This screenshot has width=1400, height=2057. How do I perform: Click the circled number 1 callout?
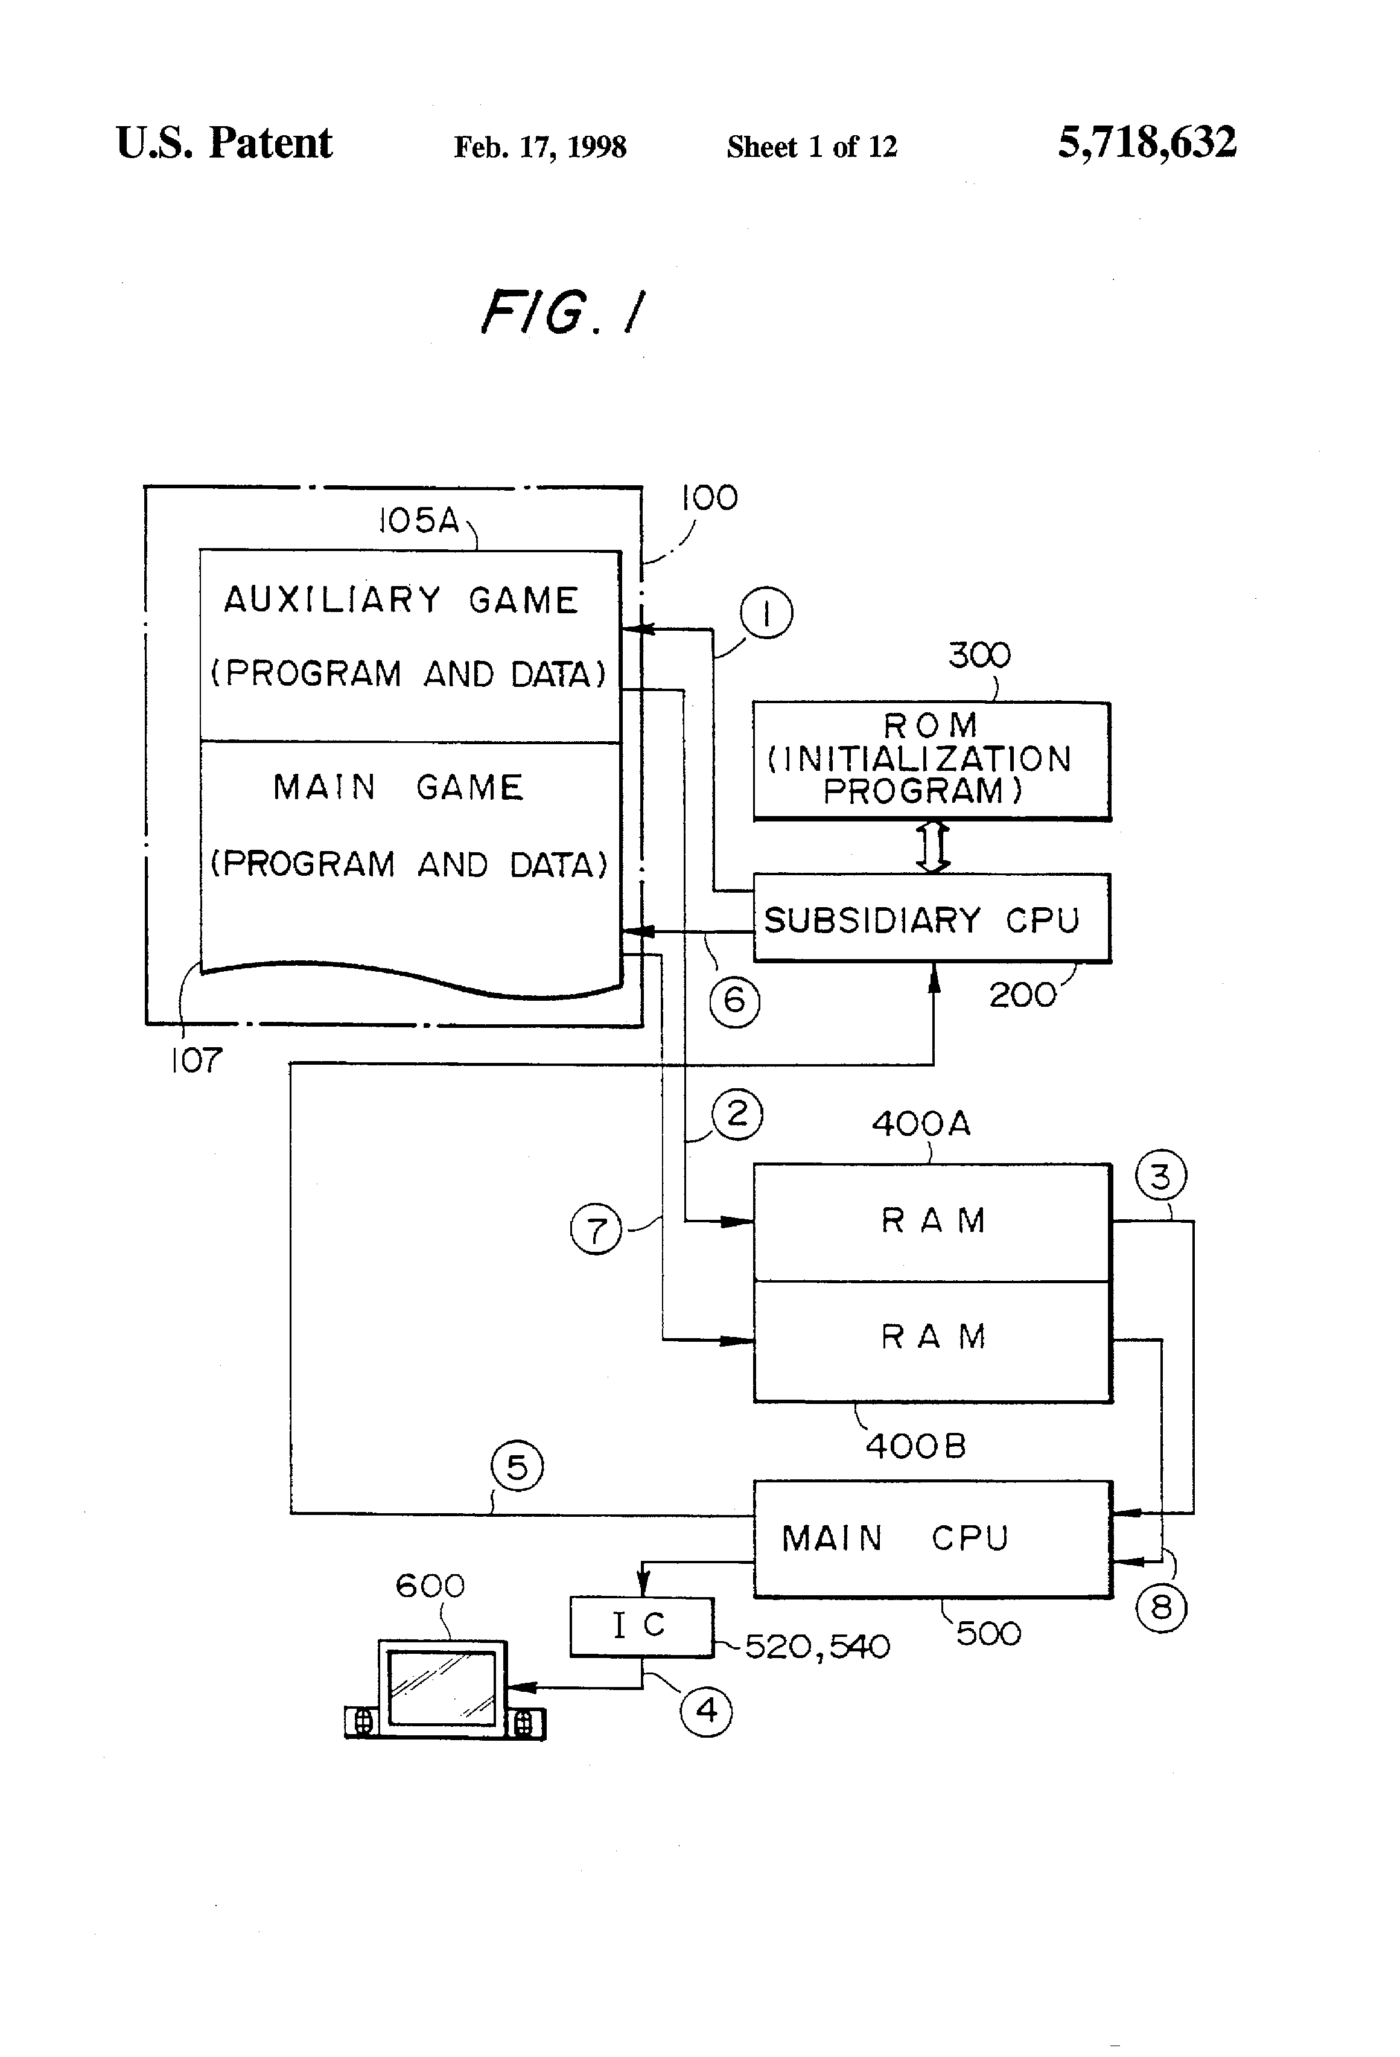click(x=766, y=613)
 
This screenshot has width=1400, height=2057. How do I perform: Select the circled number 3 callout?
click(x=1160, y=1176)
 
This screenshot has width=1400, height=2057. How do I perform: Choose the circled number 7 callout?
click(x=596, y=1229)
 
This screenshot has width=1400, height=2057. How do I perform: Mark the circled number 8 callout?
click(x=1161, y=1607)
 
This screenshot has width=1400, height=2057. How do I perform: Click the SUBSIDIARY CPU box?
click(x=932, y=919)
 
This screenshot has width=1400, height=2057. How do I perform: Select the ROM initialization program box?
click(x=932, y=761)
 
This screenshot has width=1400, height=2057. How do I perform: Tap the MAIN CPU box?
click(x=932, y=1539)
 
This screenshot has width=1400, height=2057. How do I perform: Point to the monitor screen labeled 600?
click(x=442, y=1687)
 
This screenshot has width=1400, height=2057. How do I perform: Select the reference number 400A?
click(x=921, y=1123)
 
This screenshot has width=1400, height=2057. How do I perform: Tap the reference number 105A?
click(x=419, y=520)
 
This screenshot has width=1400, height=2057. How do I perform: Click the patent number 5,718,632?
click(x=1147, y=142)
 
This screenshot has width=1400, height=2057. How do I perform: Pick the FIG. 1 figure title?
click(x=564, y=313)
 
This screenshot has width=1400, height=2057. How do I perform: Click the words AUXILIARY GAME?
click(x=401, y=600)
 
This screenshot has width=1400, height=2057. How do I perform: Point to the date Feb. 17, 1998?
click(x=540, y=147)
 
